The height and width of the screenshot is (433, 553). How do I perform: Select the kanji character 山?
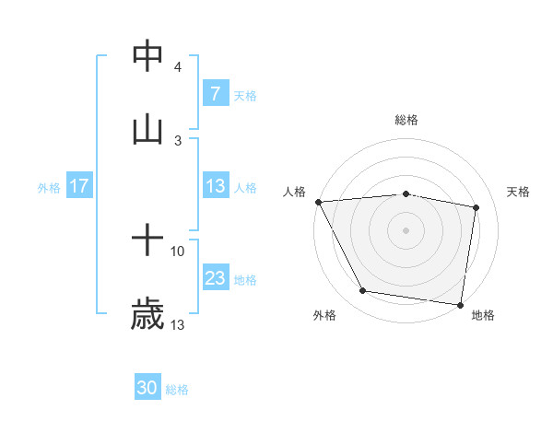click(147, 130)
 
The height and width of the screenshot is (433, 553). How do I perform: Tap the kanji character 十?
click(147, 241)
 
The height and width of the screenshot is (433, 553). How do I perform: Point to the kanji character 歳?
click(147, 315)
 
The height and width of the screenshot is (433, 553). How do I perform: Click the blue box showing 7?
click(215, 93)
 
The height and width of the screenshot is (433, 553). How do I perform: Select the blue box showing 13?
click(215, 186)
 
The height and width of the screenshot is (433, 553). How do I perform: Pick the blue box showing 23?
click(215, 278)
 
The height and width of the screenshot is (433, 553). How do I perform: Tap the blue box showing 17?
click(78, 186)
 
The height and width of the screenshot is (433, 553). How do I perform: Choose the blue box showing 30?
click(147, 389)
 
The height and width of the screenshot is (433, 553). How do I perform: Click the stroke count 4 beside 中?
click(178, 66)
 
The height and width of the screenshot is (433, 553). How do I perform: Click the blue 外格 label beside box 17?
click(49, 187)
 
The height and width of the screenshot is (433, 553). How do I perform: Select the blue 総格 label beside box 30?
click(177, 390)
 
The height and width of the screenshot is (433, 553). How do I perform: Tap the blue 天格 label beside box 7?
click(244, 94)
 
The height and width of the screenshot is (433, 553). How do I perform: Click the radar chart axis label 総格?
click(406, 120)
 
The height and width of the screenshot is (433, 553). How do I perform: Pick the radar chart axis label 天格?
click(519, 192)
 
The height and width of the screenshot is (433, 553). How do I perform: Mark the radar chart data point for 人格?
click(318, 202)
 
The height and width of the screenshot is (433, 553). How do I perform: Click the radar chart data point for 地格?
click(460, 304)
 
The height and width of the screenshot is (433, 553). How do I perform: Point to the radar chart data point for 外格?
click(363, 291)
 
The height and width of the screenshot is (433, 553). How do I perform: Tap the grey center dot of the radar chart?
click(406, 230)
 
